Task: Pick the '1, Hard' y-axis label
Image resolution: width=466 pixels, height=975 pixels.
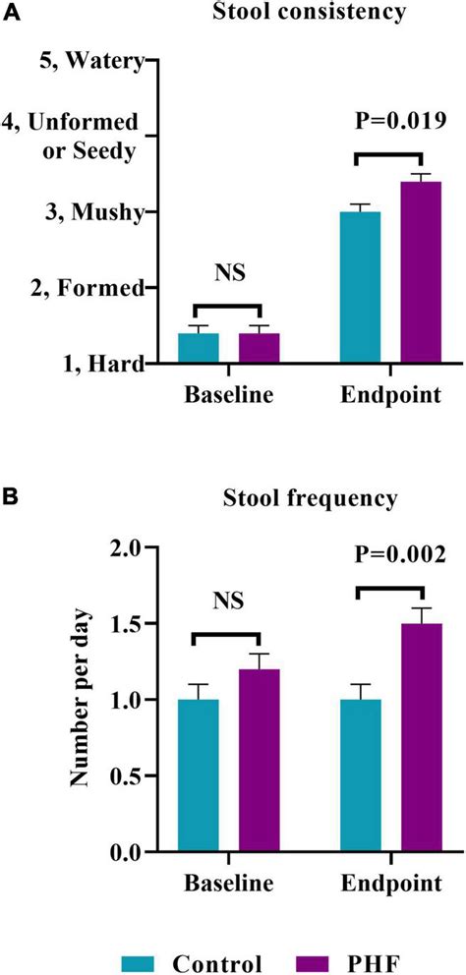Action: [104, 364]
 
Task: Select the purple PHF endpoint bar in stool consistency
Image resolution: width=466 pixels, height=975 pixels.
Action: [421, 272]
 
